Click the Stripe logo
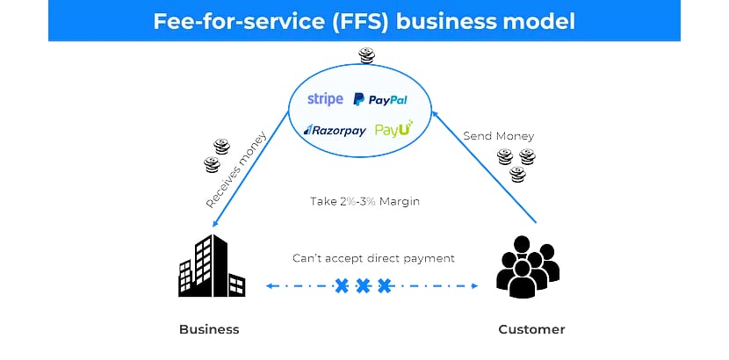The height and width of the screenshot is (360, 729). [325, 99]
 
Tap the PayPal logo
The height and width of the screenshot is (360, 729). [379, 100]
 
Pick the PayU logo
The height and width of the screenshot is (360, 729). [393, 129]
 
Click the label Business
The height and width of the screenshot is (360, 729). [209, 330]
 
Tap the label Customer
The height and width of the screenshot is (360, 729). [531, 330]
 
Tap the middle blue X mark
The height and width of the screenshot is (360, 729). [363, 286]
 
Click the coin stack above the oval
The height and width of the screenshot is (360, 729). [366, 57]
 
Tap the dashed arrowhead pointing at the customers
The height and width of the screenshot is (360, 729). [475, 286]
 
